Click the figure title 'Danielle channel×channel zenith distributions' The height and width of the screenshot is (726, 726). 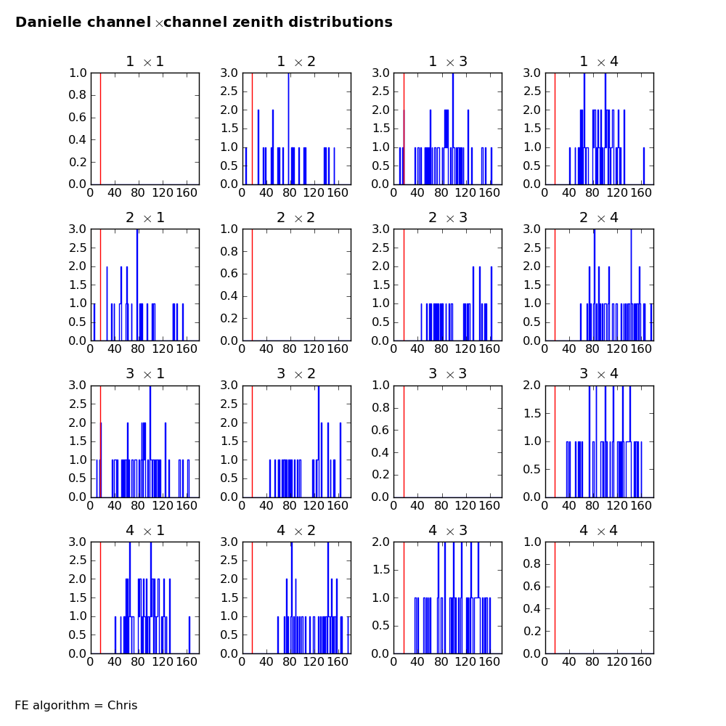(204, 23)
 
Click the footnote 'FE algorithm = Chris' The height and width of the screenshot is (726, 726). (76, 705)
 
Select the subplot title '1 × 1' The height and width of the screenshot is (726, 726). (144, 62)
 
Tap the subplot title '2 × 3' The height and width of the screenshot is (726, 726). (447, 218)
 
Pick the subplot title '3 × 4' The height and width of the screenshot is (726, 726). (598, 374)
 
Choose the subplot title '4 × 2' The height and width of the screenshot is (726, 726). (295, 531)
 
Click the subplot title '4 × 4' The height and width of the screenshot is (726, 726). (598, 531)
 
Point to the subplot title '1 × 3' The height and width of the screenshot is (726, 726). (447, 62)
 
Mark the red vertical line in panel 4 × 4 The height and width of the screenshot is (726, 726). (555, 597)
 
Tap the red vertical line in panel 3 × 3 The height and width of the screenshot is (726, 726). (404, 441)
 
